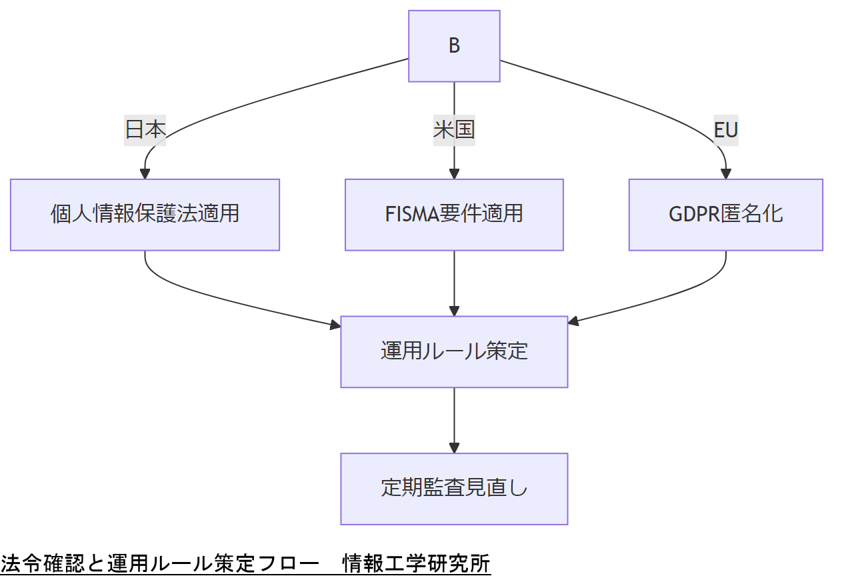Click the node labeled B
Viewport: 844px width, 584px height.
click(x=454, y=46)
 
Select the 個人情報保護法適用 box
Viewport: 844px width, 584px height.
click(x=145, y=215)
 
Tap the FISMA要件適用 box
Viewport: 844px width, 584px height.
click(x=454, y=215)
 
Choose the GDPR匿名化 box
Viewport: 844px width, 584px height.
click(x=725, y=215)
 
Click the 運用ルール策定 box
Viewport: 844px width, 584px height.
click(x=454, y=351)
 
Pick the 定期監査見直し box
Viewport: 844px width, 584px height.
click(x=454, y=489)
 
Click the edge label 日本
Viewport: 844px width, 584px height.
click(x=145, y=129)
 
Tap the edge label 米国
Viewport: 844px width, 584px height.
click(x=454, y=129)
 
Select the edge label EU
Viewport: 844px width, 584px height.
click(x=725, y=129)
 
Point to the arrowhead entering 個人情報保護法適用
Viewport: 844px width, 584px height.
click(x=145, y=174)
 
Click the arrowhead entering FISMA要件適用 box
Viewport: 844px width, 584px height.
click(x=454, y=174)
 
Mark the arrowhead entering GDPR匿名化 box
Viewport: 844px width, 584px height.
click(x=725, y=174)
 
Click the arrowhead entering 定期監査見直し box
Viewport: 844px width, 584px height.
click(x=454, y=449)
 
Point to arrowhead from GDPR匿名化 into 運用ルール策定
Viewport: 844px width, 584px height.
click(x=573, y=322)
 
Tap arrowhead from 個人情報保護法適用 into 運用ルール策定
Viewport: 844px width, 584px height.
click(x=335, y=325)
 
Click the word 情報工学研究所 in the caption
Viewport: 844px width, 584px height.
click(x=416, y=564)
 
